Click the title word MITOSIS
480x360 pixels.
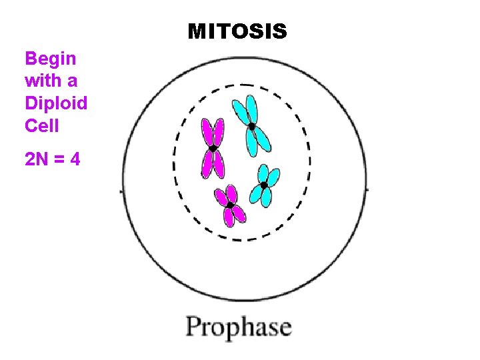point(237,31)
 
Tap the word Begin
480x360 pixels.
point(51,59)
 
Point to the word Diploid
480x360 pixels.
point(56,104)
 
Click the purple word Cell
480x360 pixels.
point(42,126)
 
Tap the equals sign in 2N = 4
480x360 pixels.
point(59,160)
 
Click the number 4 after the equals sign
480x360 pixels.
point(75,159)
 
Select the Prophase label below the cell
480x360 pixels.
point(239,328)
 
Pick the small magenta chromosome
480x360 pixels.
point(229,205)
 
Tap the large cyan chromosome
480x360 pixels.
point(252,125)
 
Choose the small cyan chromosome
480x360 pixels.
point(265,185)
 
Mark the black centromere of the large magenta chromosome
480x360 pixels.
point(213,149)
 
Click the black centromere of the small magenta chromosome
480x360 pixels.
point(229,205)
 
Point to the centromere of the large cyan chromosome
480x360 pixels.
point(252,125)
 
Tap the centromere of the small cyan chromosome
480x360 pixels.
point(264,185)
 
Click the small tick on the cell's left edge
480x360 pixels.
point(121,191)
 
